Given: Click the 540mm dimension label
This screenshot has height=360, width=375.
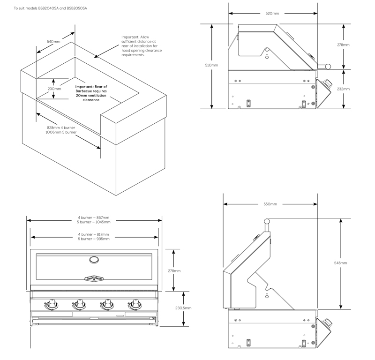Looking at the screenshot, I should [54, 42].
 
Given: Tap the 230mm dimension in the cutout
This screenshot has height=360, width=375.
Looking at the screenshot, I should [54, 89].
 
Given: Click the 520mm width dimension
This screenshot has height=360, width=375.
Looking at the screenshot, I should [272, 14].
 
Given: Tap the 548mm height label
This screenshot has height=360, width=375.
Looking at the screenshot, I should [341, 263].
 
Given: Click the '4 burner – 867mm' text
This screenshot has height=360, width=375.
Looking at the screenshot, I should [94, 218].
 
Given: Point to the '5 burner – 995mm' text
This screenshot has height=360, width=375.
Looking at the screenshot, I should [94, 239].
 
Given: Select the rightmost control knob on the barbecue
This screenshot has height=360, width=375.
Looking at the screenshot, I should [136, 305].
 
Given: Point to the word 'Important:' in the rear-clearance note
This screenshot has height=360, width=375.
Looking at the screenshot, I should [130, 37].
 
